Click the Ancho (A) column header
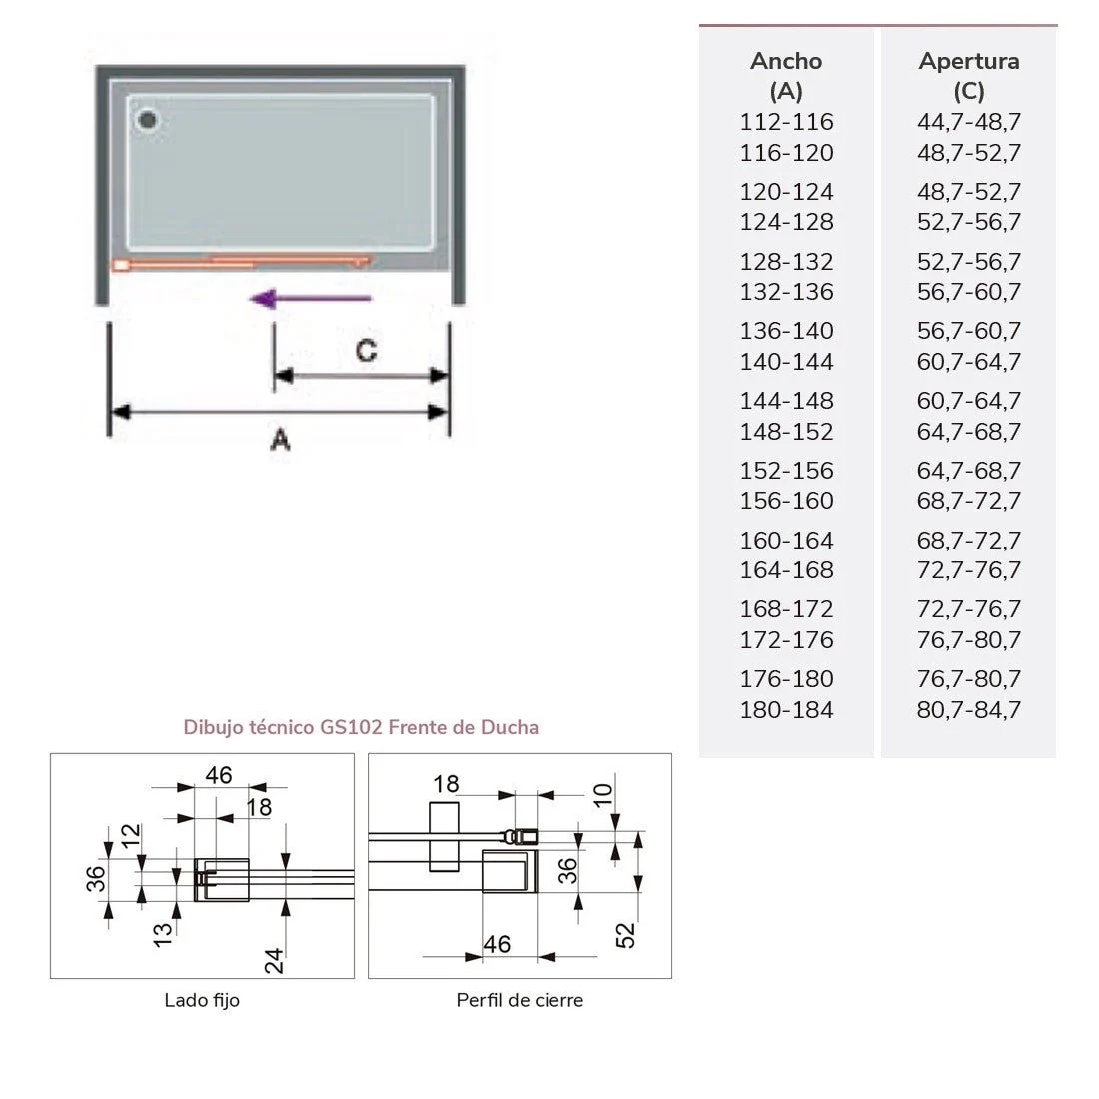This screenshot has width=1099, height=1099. point(786,76)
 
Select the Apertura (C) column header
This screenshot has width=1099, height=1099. point(968,76)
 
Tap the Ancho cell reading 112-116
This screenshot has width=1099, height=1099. point(786,122)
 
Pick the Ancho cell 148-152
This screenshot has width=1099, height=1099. point(786,432)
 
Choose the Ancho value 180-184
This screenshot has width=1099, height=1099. point(786,710)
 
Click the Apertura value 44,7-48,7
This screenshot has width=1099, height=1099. point(969,122)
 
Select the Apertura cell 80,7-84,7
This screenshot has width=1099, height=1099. point(969,710)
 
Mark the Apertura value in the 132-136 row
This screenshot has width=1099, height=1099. point(969,292)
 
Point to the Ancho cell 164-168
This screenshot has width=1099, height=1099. point(786,570)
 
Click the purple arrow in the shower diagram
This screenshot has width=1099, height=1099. point(311,297)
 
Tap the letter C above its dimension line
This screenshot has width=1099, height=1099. point(366,351)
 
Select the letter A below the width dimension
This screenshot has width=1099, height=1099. point(280,439)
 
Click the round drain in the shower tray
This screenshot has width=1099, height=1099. point(148,121)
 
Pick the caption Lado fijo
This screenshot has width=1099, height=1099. point(202,1000)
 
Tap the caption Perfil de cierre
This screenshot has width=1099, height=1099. point(520,1000)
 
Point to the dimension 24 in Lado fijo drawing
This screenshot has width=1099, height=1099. point(275,960)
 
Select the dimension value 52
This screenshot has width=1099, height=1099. point(626,935)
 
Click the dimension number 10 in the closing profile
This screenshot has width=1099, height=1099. point(603,795)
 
